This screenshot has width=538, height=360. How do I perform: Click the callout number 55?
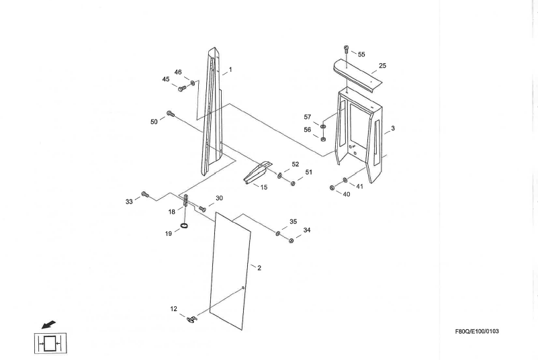point(361,54)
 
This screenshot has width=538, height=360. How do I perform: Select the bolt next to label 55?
point(347,49)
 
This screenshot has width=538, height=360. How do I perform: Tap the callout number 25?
point(382,66)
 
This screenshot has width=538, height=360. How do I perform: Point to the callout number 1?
point(230,69)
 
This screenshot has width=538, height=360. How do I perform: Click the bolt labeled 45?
point(182,87)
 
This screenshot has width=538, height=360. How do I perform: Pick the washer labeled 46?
point(193,83)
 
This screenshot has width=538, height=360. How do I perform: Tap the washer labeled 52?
point(279,175)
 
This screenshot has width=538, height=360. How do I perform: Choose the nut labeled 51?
point(293,183)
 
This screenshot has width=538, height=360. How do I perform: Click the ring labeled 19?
point(184,228)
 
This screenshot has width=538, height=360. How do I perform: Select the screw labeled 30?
point(202,210)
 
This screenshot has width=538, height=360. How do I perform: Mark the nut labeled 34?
point(291,240)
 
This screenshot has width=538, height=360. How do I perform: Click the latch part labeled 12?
point(192,318)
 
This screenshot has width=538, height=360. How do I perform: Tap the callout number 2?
point(259,268)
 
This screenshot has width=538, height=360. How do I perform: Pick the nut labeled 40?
point(334,187)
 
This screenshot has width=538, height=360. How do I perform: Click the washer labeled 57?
point(323,126)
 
